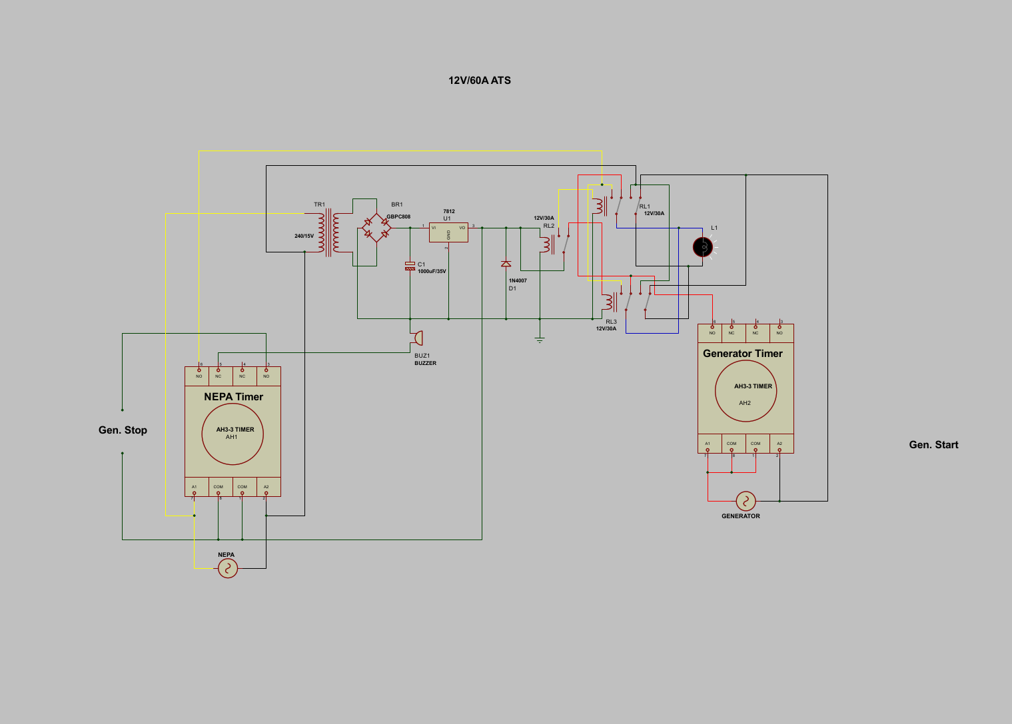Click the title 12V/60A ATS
click(x=480, y=81)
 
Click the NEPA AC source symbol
click(x=228, y=568)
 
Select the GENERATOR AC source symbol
click(x=746, y=501)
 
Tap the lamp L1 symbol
click(x=702, y=247)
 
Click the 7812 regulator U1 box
click(x=448, y=232)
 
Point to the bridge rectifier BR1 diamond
click(x=376, y=228)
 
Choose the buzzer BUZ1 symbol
click(x=417, y=338)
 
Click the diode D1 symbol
click(x=506, y=264)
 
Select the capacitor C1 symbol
click(x=410, y=266)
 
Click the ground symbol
click(x=540, y=340)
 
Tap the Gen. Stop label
click(x=123, y=430)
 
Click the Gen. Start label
click(x=933, y=445)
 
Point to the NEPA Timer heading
click(x=233, y=397)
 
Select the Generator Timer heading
click(x=743, y=354)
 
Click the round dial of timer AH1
click(x=233, y=434)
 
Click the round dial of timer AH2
click(x=746, y=391)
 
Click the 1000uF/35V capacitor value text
click(x=432, y=272)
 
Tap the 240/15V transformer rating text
click(x=304, y=236)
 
